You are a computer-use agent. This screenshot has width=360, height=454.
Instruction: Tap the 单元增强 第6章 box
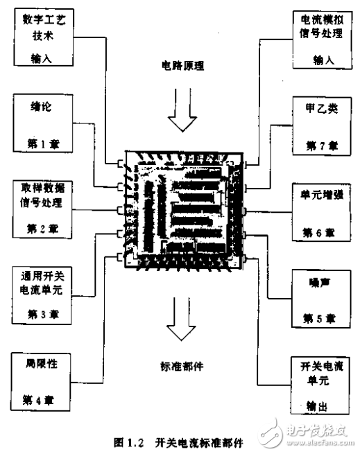[320, 208]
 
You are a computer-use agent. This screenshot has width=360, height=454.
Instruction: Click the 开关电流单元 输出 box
[320, 384]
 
